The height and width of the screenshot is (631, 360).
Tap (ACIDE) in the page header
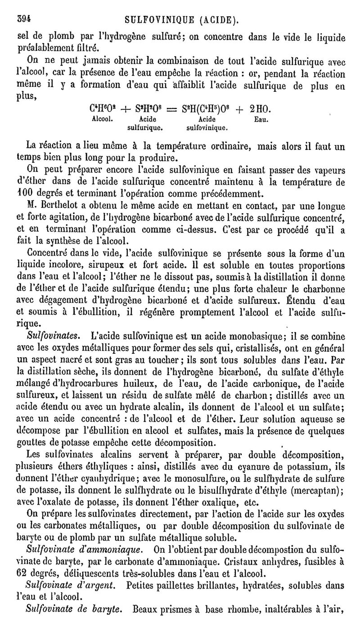tap(219, 20)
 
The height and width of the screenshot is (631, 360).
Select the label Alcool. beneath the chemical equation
tap(102, 120)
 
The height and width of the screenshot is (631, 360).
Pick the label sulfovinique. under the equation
tap(207, 128)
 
